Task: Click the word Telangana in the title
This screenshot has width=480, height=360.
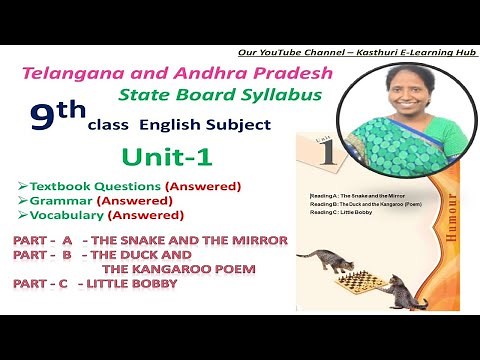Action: [x=71, y=74]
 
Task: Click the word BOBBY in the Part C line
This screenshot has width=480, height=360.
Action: [x=153, y=284]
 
